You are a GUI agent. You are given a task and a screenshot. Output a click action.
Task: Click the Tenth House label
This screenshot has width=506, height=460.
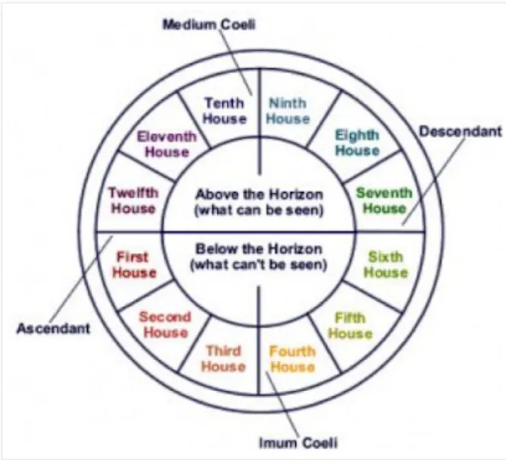click(x=225, y=111)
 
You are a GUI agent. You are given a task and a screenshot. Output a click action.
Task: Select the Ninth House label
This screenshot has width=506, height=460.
click(x=287, y=111)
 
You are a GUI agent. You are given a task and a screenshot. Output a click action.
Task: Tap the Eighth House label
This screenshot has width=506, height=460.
click(x=357, y=142)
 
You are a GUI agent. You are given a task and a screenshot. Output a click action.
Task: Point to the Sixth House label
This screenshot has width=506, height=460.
click(x=386, y=265)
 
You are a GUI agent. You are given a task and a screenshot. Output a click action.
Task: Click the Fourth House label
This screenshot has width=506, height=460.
click(x=292, y=359)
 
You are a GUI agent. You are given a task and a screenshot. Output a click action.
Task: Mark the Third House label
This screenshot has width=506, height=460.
click(x=224, y=359)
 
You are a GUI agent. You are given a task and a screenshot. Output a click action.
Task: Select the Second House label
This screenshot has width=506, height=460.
click(x=165, y=325)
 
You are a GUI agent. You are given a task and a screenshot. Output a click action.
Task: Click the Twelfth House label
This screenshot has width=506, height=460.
click(x=133, y=200)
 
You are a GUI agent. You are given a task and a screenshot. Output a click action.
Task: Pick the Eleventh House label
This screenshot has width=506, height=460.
click(x=166, y=144)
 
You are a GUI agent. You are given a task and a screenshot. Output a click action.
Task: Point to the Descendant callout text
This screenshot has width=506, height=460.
click(x=460, y=131)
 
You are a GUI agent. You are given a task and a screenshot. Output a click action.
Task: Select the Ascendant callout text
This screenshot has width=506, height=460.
click(x=53, y=329)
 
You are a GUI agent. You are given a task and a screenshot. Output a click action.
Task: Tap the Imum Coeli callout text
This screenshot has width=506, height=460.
click(x=297, y=443)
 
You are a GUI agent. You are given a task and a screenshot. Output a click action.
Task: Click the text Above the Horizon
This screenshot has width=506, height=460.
click(x=258, y=194)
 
